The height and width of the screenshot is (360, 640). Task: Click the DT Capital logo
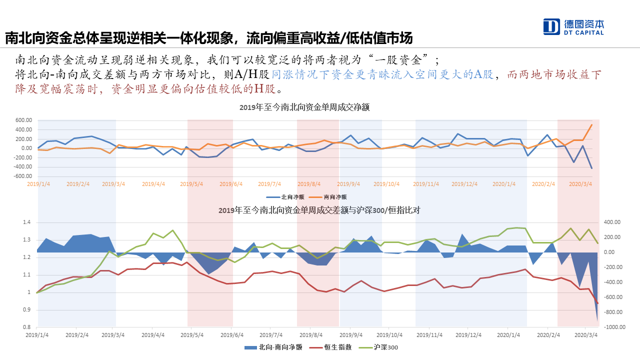click(x=573, y=26)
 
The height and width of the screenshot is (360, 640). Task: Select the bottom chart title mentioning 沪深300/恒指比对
click(x=319, y=210)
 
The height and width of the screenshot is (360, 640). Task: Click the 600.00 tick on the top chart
click(x=24, y=120)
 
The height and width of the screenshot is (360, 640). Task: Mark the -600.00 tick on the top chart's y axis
click(x=23, y=176)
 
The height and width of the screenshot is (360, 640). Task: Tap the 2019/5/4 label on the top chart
click(x=191, y=184)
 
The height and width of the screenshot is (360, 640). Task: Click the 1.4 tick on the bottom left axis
click(x=26, y=222)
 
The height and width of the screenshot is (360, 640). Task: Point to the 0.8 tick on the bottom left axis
click(x=26, y=327)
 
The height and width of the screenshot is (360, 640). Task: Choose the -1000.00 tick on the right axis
click(x=616, y=327)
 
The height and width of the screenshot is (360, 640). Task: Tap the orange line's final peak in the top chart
click(x=592, y=125)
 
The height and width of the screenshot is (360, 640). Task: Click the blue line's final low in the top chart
click(x=592, y=168)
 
